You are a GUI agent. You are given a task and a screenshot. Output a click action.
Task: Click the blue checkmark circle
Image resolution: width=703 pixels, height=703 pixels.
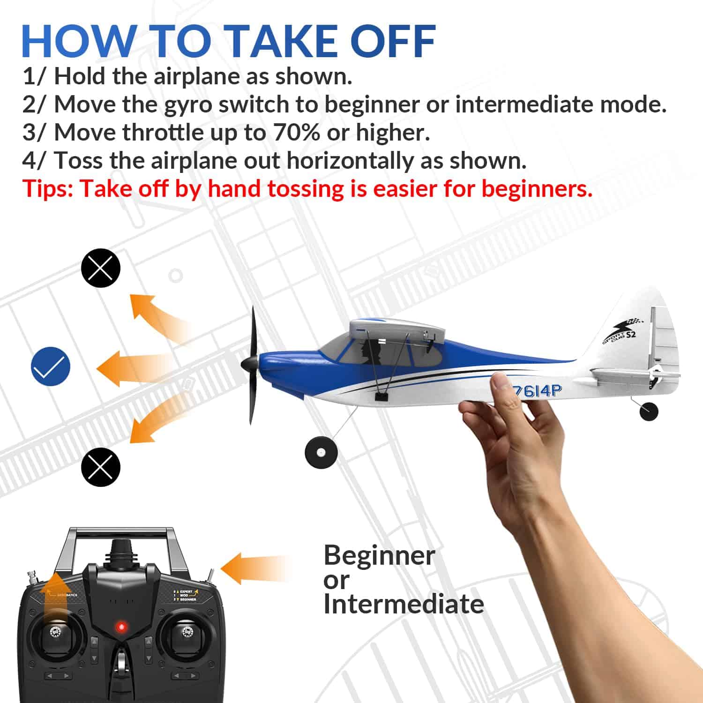point(51,366)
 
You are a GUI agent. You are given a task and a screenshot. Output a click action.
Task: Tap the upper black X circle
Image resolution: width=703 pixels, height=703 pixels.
point(101,268)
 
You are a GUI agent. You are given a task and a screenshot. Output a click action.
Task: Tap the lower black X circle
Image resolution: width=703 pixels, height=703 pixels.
point(101,467)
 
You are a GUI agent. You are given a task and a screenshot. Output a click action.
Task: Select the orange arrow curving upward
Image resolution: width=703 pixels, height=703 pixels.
point(155,314)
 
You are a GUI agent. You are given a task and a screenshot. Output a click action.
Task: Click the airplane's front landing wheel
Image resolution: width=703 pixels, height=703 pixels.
point(321,452)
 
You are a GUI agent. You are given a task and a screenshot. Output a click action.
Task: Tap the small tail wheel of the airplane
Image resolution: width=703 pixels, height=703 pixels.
point(649,411)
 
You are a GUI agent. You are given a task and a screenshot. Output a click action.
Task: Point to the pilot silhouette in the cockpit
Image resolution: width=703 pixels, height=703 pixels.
point(373,351)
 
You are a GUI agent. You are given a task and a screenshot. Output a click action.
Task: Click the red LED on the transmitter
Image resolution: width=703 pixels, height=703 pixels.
point(122,627)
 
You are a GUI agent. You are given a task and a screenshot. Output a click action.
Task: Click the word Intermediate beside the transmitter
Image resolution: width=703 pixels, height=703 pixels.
point(404,604)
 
